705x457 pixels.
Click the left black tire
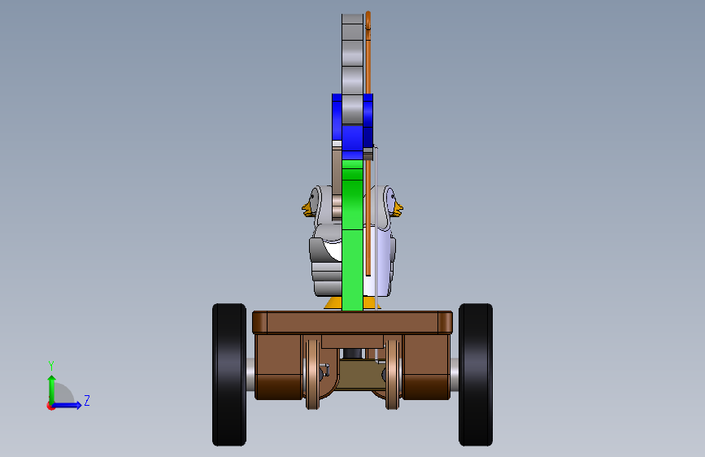[x=229, y=375]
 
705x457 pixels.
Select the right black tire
[x=476, y=375]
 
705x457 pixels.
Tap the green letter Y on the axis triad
[x=51, y=365]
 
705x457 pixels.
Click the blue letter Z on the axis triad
[x=87, y=400]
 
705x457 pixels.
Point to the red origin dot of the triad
[x=50, y=406]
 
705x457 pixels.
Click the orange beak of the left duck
[x=307, y=210]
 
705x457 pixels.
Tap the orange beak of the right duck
[x=398, y=209]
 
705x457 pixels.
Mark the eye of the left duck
[x=313, y=197]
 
